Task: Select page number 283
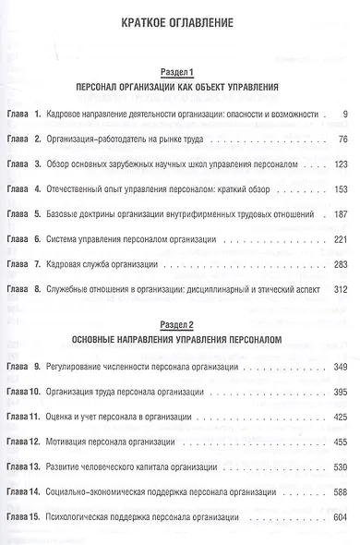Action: tap(336, 264)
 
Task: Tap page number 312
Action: tap(336, 289)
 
